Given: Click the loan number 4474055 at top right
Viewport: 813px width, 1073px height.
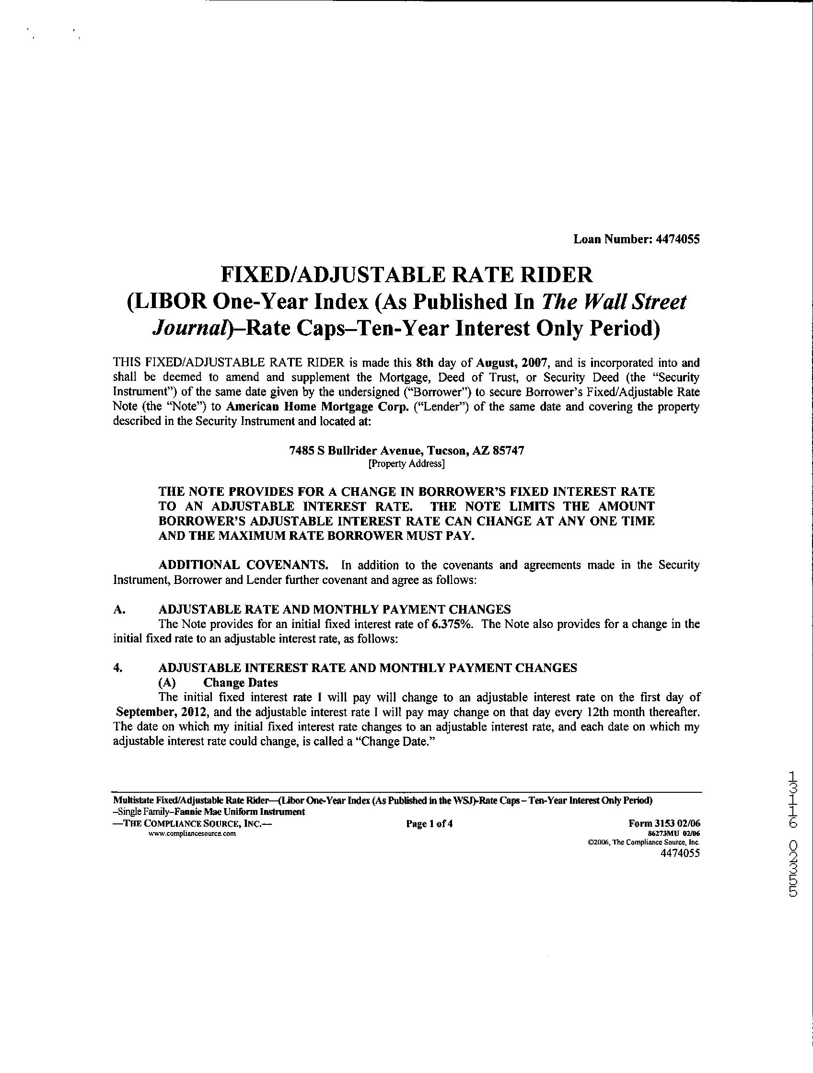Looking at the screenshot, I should coord(678,239).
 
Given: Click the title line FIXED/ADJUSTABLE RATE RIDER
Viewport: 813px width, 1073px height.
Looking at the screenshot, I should coord(407,274).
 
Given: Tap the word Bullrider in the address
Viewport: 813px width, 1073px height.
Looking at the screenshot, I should coord(349,451).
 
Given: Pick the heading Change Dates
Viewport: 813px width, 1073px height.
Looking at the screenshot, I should coord(240,683).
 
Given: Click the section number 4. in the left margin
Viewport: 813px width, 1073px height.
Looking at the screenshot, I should coord(117,668).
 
